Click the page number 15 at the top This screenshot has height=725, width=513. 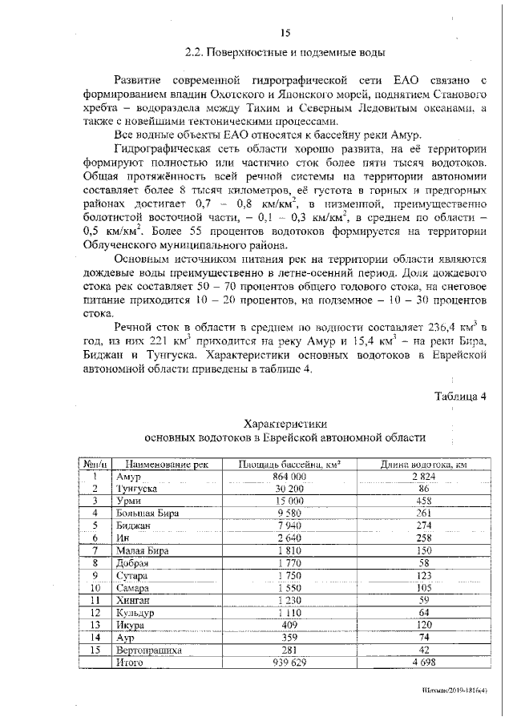(285, 33)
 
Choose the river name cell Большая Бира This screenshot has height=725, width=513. (147, 514)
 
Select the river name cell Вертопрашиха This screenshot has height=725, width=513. (148, 650)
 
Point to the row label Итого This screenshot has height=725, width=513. (129, 663)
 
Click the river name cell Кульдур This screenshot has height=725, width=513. (135, 613)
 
